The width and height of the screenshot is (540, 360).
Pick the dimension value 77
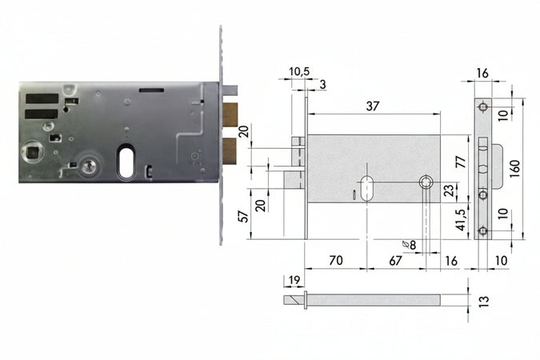pyautogui.click(x=460, y=162)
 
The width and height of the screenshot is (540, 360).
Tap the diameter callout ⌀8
pyautogui.click(x=409, y=244)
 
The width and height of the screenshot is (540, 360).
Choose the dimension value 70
pyautogui.click(x=335, y=261)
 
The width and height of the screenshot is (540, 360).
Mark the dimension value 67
pyautogui.click(x=395, y=261)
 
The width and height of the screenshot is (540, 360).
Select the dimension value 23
pyautogui.click(x=449, y=190)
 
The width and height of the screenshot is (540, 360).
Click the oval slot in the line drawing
pyautogui.click(x=367, y=187)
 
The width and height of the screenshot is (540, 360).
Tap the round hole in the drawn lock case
pyautogui.click(x=426, y=183)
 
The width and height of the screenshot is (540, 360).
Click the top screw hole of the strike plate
pyautogui.click(x=482, y=108)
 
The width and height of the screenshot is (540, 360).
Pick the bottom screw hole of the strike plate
pyautogui.click(x=482, y=231)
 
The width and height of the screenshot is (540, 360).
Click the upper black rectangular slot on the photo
pyautogui.click(x=42, y=100)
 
